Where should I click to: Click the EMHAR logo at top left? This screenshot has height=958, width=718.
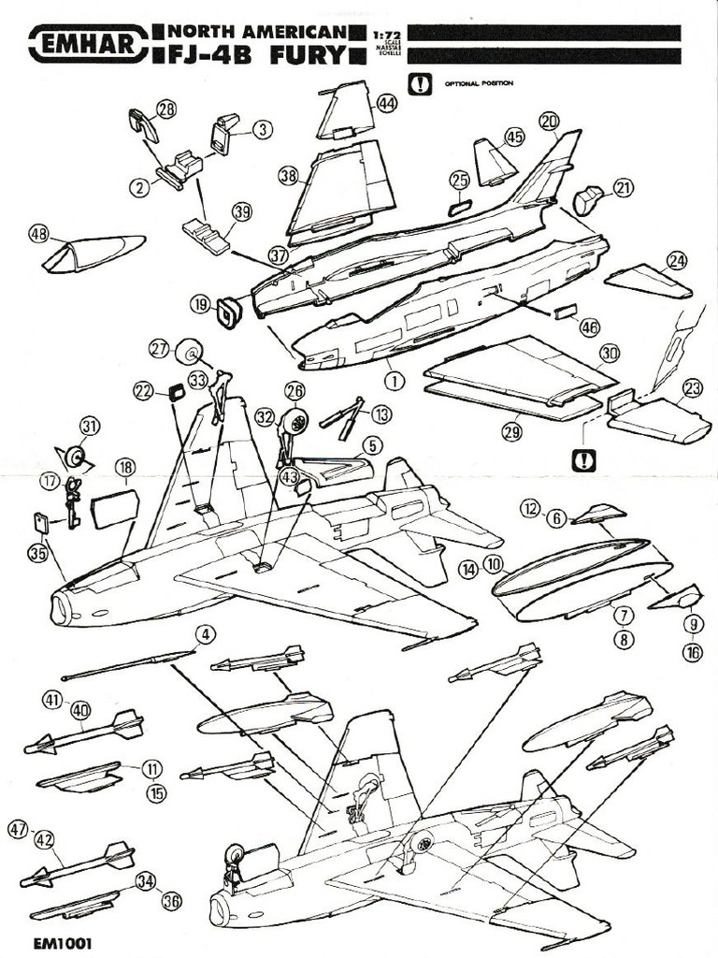(87, 43)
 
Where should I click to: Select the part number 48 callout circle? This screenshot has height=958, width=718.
(38, 233)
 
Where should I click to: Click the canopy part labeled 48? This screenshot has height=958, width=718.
(93, 253)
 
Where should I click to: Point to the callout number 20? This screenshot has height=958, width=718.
(549, 121)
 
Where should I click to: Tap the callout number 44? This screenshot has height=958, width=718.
(387, 105)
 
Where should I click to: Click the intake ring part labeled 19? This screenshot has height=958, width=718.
(228, 312)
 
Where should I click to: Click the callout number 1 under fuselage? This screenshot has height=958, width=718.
(394, 381)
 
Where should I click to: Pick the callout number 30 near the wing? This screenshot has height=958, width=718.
(610, 353)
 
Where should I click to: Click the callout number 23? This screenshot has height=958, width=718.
(693, 388)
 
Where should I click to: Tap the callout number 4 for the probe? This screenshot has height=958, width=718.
(206, 634)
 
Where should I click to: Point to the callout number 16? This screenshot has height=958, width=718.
(693, 653)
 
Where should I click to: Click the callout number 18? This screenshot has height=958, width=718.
(124, 467)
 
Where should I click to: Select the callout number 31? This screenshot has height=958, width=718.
(89, 426)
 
